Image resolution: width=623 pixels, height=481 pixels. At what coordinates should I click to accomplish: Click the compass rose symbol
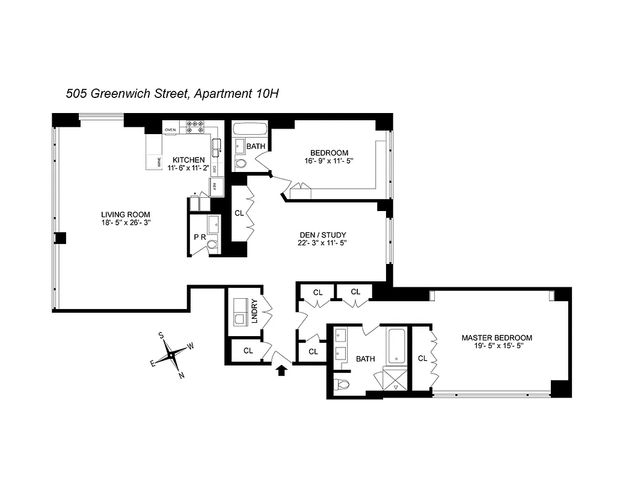point(172,355)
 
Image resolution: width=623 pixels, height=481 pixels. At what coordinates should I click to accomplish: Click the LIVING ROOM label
point(126,215)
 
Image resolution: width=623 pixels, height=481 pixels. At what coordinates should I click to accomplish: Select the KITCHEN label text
point(189,160)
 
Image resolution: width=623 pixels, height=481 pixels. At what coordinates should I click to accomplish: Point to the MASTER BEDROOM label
point(497,338)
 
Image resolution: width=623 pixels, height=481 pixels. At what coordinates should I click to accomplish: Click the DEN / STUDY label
point(323,235)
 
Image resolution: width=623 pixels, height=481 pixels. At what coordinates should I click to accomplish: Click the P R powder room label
point(200,237)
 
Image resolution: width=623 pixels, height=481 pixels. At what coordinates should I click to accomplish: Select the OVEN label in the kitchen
point(170,129)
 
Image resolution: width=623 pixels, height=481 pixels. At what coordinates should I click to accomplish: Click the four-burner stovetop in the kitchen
point(195,127)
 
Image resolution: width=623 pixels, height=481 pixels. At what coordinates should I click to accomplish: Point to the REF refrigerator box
point(216,186)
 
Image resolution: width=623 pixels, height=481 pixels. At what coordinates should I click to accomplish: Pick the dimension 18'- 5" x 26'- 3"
point(126,222)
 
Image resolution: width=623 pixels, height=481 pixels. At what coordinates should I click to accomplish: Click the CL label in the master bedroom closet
point(422,358)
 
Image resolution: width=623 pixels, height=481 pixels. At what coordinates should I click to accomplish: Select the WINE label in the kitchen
point(159,162)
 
